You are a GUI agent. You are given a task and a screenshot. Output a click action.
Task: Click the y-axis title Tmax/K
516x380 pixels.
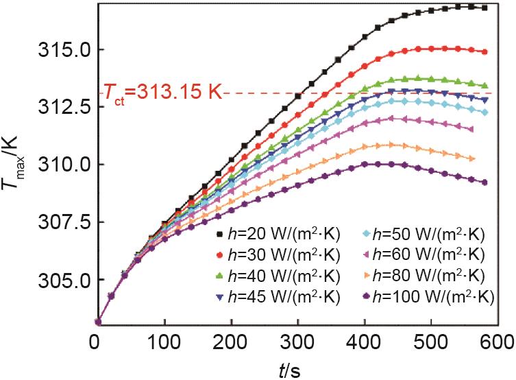[x=19, y=165]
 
